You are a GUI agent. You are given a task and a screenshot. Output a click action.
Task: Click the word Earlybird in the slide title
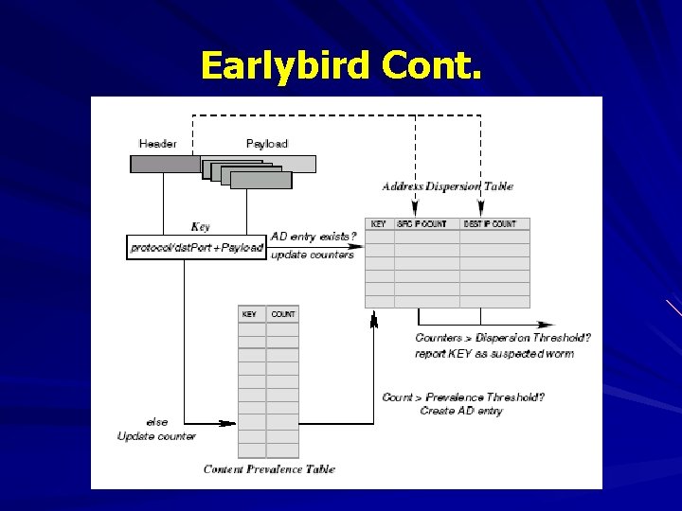[285, 65]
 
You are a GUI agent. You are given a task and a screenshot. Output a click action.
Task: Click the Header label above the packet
[157, 144]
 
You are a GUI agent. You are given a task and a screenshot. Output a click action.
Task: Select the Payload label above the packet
[266, 144]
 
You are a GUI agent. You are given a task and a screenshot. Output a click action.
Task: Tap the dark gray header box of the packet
[165, 164]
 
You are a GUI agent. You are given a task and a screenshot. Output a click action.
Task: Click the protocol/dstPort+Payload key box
[197, 248]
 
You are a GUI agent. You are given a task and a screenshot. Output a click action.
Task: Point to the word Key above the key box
[200, 227]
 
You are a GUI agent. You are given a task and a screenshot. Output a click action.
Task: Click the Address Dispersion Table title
[447, 186]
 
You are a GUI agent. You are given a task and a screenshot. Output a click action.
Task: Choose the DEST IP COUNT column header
[490, 224]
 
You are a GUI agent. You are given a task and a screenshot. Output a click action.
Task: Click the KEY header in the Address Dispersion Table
[379, 224]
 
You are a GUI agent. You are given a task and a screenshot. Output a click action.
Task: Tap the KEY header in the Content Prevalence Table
[249, 314]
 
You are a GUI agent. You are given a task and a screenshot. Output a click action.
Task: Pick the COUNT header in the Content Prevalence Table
[282, 314]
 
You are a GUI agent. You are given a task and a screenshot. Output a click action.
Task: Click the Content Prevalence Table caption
[269, 469]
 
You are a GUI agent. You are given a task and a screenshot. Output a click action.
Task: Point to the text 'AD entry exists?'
[314, 236]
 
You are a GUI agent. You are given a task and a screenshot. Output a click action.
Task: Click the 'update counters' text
[313, 255]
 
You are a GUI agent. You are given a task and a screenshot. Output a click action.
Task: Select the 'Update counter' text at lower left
[156, 436]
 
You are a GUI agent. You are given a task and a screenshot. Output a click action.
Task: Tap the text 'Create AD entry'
[460, 411]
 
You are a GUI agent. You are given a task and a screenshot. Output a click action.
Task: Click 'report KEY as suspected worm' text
[494, 354]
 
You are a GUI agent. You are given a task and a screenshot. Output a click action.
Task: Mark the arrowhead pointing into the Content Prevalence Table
[229, 424]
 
